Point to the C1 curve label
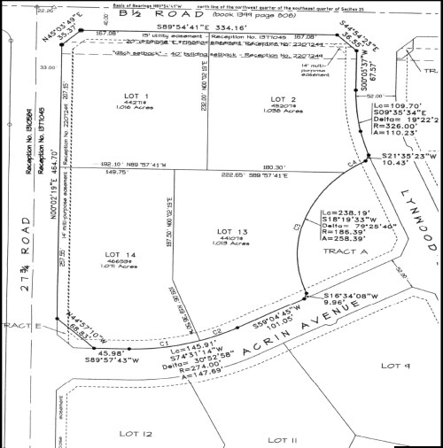pyautogui.click(x=164, y=343)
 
